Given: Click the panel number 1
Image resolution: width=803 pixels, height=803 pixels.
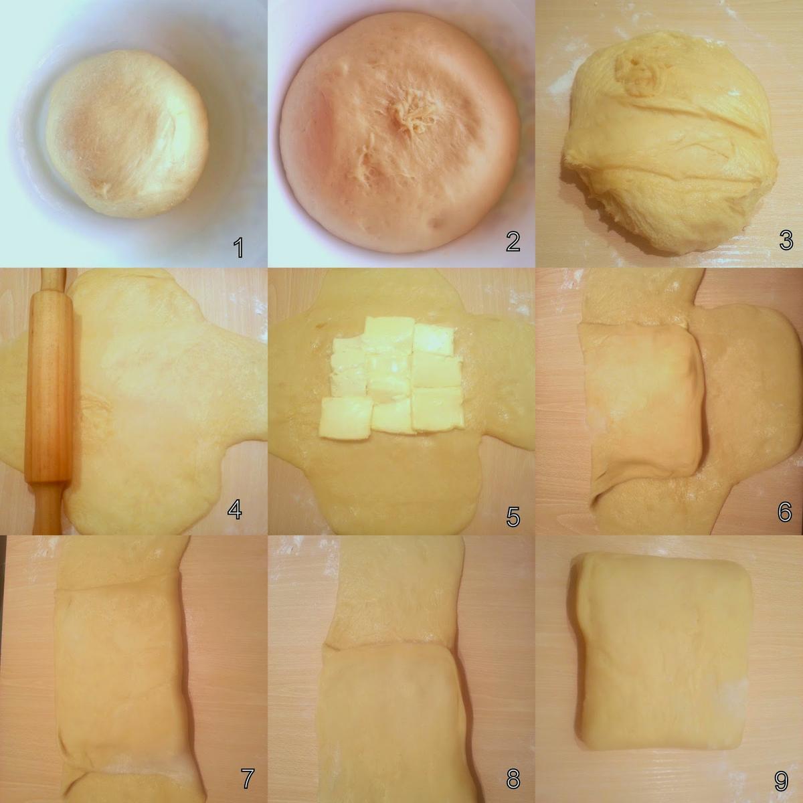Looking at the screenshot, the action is tap(238, 248).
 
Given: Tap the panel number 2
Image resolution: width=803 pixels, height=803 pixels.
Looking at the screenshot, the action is tap(513, 242).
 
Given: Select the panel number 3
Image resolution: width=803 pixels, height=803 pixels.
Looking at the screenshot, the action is tap(786, 240).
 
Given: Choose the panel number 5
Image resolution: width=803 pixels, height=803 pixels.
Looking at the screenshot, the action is tap(513, 517).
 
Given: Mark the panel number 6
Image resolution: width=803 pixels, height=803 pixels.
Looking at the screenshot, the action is tap(785, 511).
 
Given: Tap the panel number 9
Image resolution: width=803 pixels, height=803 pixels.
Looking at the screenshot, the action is tap(781, 780).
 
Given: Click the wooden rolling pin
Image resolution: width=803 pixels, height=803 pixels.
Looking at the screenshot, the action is tap(49, 400).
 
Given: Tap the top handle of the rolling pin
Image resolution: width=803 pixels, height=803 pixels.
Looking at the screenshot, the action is tap(53, 278).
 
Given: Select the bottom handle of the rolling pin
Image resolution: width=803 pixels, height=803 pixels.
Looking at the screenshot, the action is tap(48, 509).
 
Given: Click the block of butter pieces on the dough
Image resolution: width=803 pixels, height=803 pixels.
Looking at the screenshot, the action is tap(391, 377).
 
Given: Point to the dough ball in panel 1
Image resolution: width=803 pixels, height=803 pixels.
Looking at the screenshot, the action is tap(127, 133).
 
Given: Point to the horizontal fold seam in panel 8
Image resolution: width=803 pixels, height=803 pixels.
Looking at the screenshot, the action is tap(387, 646).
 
